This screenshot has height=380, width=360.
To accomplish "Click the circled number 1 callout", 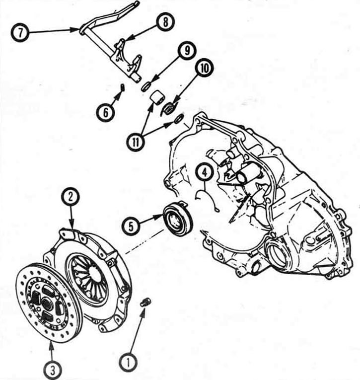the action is tap(128, 363).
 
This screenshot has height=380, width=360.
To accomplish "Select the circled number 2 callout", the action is tap(71, 197).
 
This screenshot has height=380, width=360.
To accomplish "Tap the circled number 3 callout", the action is tap(53, 371).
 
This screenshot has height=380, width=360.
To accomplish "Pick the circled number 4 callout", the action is tap(205, 172).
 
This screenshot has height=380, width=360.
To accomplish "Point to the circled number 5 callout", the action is tap(131, 226).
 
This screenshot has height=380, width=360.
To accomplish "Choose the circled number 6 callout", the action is tap(105, 112).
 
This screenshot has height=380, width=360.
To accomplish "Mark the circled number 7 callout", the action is tap(20, 33).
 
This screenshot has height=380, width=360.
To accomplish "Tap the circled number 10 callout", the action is tap(204, 69).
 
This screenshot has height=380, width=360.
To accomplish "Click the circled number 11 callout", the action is tap(136, 142).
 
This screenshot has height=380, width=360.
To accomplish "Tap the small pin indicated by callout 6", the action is tap(123, 87).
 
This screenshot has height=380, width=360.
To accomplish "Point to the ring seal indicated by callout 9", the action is tap(146, 86).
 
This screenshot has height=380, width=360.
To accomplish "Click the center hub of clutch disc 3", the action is tap(46, 303).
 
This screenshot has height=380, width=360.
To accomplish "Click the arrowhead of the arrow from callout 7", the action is tap(76, 30).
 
